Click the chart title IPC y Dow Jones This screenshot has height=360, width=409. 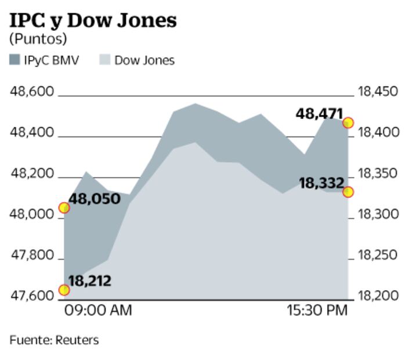click(93, 20)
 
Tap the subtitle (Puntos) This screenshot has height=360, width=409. click(38, 39)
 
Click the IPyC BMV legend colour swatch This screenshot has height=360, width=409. click(15, 60)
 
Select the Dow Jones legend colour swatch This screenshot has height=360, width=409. click(104, 60)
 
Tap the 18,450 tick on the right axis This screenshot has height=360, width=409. click(378, 92)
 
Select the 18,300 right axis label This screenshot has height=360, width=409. click(378, 215)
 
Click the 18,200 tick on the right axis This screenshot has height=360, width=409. click(378, 296)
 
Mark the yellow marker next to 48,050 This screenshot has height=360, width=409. click(64, 208)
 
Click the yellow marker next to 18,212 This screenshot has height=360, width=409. click(64, 290)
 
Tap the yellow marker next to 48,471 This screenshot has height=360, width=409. click(348, 123)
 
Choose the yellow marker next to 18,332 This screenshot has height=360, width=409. click(348, 192)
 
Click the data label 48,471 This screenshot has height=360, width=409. click(319, 114)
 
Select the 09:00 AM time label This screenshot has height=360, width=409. click(98, 311)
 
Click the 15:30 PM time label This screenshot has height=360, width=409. click(317, 311)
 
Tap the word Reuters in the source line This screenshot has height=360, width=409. click(77, 340)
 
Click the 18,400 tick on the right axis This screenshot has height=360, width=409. click(378, 132)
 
